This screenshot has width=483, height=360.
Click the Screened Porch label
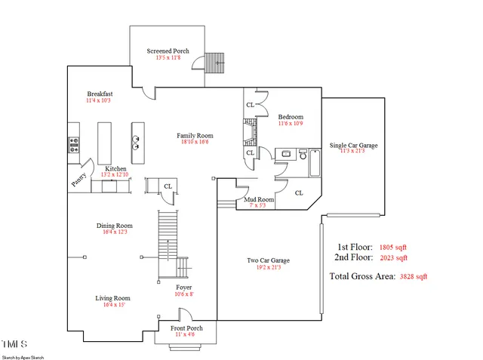[168, 51]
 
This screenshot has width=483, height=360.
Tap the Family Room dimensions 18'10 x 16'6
[192, 142]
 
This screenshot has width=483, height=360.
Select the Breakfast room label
[99, 94]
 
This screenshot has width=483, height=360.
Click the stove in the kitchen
[74, 144]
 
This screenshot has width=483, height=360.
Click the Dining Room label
[114, 226]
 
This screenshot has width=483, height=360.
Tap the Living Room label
[112, 298]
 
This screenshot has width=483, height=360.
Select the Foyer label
[183, 288]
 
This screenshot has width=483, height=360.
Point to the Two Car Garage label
[268, 261]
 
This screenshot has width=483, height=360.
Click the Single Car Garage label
[353, 145]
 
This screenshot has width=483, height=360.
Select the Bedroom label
[291, 117]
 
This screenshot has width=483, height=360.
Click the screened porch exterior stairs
[217, 61]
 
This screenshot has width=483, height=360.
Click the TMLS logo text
[13, 343]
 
